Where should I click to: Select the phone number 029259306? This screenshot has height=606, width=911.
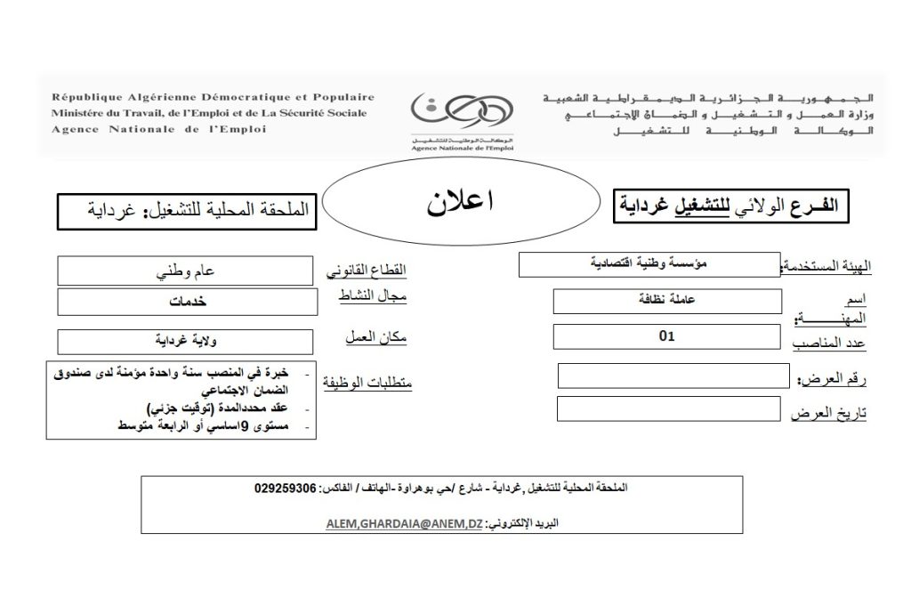(285, 489)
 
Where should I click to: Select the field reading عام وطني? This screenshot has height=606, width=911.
(184, 271)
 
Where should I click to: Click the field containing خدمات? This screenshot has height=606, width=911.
(184, 302)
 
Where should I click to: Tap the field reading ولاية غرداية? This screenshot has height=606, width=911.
(184, 341)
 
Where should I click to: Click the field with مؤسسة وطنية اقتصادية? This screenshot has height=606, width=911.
(649, 264)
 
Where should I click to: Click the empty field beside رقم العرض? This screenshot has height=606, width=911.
(672, 376)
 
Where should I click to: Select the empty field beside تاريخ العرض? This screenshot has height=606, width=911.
(672, 408)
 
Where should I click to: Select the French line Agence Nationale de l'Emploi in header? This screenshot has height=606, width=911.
(158, 129)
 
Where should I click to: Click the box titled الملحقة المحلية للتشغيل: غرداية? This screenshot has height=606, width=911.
(184, 211)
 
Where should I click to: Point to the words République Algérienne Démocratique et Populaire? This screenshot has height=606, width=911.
(213, 97)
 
